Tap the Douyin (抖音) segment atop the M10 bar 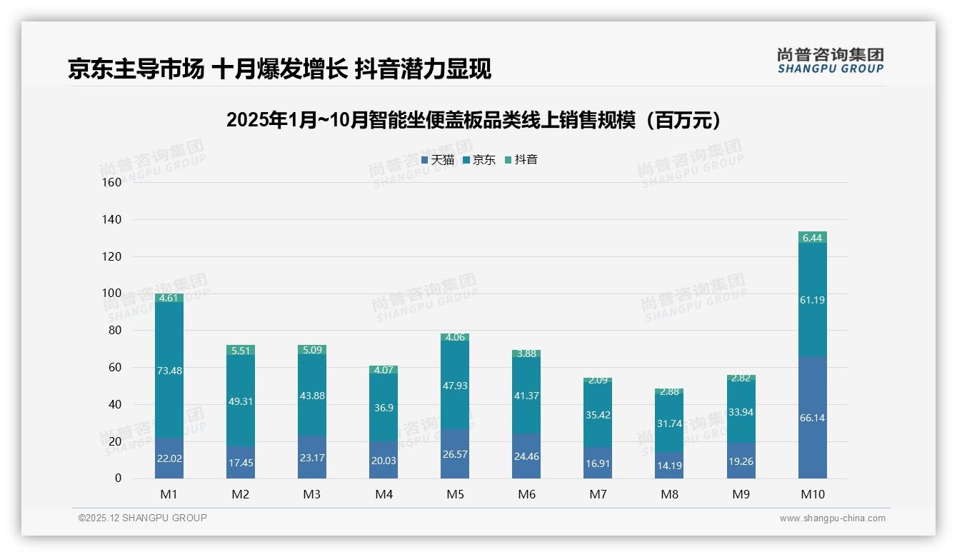click(812, 238)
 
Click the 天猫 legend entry click(438, 160)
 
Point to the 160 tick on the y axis click(112, 183)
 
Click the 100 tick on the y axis click(112, 293)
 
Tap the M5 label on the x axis click(455, 494)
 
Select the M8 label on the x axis click(669, 494)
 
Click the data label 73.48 click(169, 370)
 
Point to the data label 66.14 click(812, 418)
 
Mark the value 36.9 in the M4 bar click(384, 408)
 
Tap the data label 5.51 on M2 click(241, 351)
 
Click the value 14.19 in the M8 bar click(669, 465)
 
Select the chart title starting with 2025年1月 click(477, 121)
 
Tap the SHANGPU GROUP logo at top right click(831, 61)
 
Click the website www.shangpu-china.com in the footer click(832, 518)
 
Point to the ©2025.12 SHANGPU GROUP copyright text click(143, 518)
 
